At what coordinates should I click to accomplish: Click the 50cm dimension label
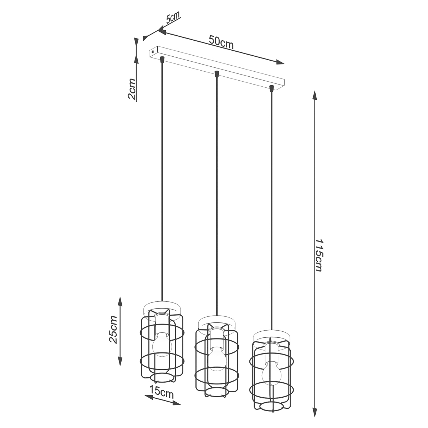(221, 42)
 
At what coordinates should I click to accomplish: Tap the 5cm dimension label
(173, 18)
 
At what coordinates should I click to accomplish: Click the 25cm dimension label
(113, 329)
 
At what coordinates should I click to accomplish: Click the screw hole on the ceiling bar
(153, 52)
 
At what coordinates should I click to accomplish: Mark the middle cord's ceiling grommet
(216, 74)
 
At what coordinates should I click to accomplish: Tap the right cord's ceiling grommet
(271, 87)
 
